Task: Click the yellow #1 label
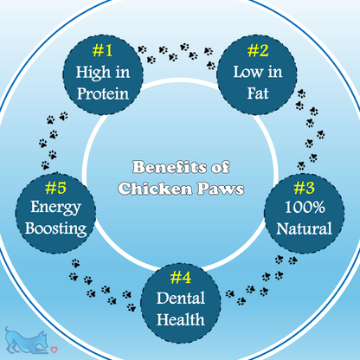coord(102,50)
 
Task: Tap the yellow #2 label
coord(258,50)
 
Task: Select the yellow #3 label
coord(304,188)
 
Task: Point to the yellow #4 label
coord(181,278)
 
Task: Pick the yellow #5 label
coord(55,188)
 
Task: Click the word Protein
coord(103,93)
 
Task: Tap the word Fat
coord(258,93)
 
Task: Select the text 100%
coord(305,207)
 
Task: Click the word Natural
coord(304,228)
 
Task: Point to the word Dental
coord(181,298)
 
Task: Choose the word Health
coord(181,319)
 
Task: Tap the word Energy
coord(55,208)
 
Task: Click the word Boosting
coord(55,229)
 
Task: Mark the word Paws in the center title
coord(221,189)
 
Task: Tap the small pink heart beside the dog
coord(55,350)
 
